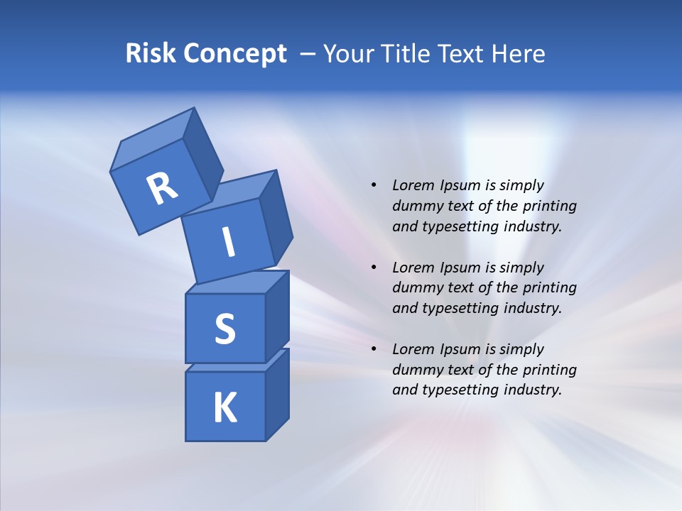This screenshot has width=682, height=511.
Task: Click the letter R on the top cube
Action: coord(162,189)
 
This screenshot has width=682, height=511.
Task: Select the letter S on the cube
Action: coord(224,329)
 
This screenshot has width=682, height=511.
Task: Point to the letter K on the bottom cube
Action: coord(224,408)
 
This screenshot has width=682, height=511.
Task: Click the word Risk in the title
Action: coord(150,54)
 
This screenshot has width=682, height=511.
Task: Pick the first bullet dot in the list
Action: coord(374,186)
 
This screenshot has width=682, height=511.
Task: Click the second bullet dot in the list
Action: coord(374,268)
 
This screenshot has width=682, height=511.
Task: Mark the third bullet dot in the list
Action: coord(374,350)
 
